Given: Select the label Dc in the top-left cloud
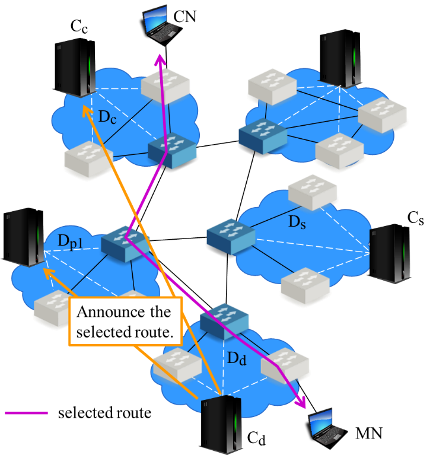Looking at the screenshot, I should (x=107, y=117).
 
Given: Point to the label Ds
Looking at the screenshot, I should (x=297, y=223).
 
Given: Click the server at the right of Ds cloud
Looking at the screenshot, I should (x=389, y=252).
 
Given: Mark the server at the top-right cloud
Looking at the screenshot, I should (x=341, y=59).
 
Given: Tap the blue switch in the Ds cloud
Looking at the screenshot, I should (x=231, y=236).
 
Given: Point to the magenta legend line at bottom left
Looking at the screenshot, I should (x=27, y=412).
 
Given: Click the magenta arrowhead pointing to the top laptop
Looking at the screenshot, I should (x=160, y=59).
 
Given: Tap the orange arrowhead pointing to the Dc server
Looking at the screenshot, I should (x=85, y=110).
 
